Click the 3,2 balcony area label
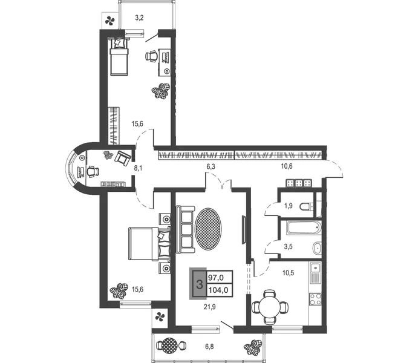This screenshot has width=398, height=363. click(140, 18)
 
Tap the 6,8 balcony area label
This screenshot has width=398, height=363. click(210, 347)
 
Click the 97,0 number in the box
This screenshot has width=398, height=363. click(216, 278)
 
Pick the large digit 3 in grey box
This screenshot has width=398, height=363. click(200, 284)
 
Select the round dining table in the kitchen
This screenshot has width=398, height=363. click(270, 307)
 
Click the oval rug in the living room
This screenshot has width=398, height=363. click(208, 230)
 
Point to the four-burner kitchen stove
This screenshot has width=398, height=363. click(315, 299)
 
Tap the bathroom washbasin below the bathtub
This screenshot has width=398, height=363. click(316, 248)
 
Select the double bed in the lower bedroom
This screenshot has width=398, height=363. click(149, 244)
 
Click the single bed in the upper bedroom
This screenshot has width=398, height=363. click(119, 56)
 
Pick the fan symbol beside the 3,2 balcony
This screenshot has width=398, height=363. click(110, 21)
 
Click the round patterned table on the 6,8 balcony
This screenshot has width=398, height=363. click(169, 345)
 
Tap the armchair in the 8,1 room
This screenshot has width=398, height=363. click(123, 159)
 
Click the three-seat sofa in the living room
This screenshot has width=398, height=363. click(186, 229)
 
